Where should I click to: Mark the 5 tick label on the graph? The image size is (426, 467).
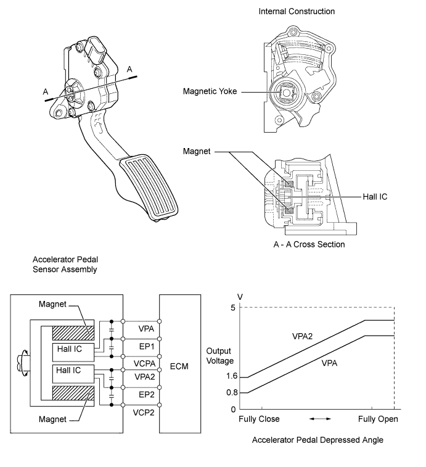pyautogui.click(x=234, y=307)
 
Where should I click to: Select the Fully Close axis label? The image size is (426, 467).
pyautogui.click(x=259, y=419)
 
